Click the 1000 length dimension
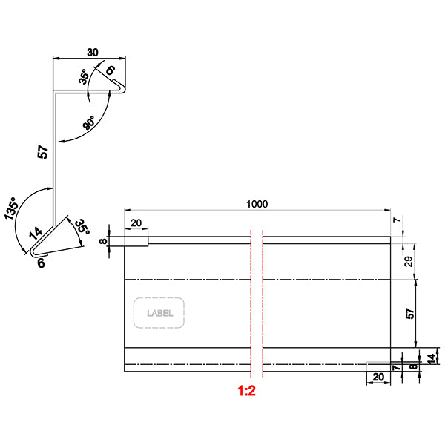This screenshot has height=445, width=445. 257,205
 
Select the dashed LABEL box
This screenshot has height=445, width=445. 159,313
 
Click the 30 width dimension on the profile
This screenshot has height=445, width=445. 93,52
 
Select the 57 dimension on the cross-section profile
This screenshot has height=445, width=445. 43,154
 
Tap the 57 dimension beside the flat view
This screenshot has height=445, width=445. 410,314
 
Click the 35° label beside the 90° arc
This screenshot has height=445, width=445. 83,78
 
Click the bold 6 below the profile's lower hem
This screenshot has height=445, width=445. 41,263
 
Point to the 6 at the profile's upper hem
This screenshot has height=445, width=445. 111,71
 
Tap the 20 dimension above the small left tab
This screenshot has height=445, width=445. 136,223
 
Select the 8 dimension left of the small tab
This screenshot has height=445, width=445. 104,240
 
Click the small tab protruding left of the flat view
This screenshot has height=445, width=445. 129,241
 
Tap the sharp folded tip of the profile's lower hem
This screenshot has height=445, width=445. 34,254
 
